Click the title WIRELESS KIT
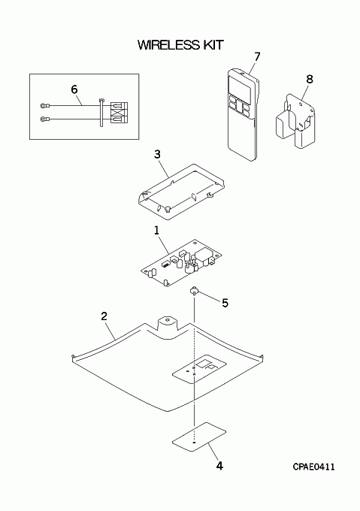(x=180, y=45)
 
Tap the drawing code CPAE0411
(x=313, y=467)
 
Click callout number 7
(x=257, y=56)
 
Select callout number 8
(x=310, y=79)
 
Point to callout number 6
(x=74, y=89)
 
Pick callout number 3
(x=157, y=154)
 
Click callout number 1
(x=157, y=231)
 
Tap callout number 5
(x=225, y=303)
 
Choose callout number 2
(x=104, y=316)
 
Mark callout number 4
(x=220, y=466)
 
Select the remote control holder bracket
(x=295, y=120)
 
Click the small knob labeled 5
(x=194, y=290)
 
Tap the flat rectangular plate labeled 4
(x=199, y=437)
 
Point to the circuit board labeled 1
(x=181, y=263)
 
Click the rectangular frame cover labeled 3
(x=180, y=192)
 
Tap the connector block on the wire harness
(x=119, y=113)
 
